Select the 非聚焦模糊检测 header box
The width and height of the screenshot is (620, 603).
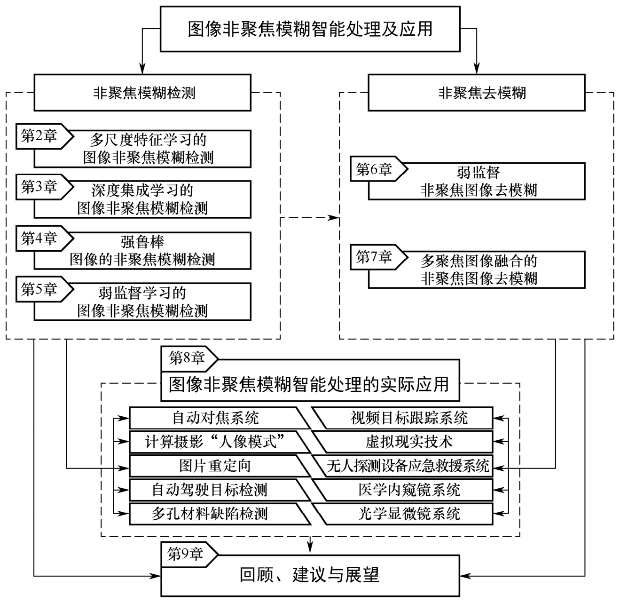point(144,93)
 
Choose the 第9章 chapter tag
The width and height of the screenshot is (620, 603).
point(187,554)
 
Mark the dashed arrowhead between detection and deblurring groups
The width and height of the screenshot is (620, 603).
point(334,218)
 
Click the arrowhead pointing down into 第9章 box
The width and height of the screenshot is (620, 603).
point(310,547)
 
